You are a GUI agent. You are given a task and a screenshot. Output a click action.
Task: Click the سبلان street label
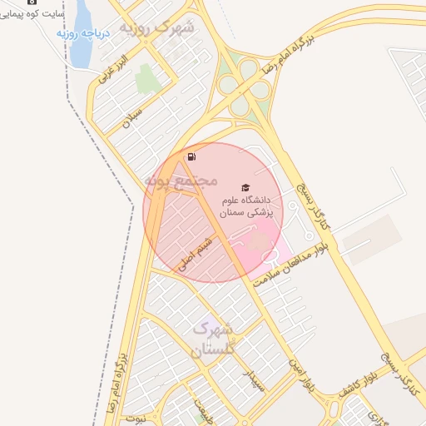132,117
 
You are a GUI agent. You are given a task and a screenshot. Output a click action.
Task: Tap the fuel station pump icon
193,156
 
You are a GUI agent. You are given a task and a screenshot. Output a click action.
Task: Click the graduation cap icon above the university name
245,188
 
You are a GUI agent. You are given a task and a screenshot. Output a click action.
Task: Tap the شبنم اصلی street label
201,249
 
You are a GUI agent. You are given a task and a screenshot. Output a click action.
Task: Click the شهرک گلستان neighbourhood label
215,339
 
